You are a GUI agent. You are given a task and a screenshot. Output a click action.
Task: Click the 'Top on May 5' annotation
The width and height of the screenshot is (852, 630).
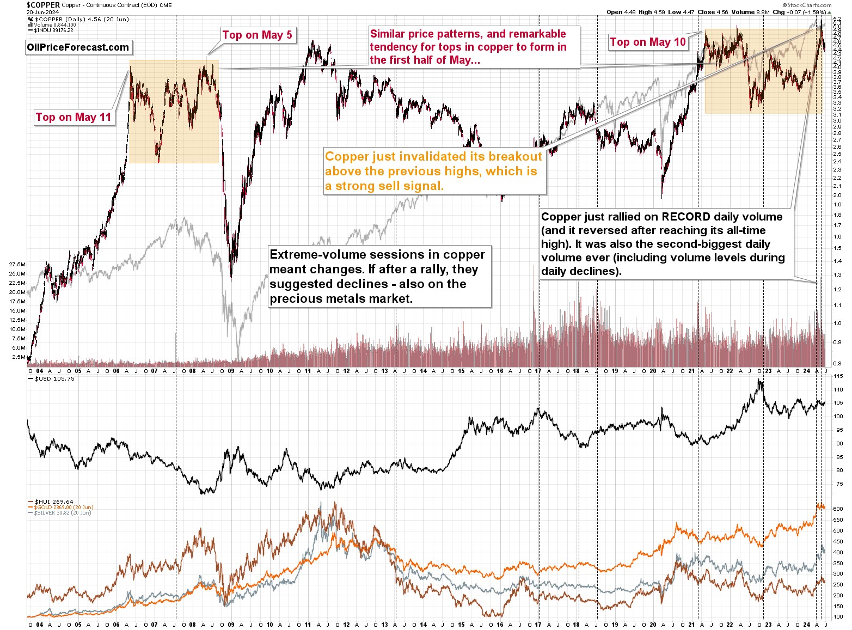pyautogui.click(x=257, y=35)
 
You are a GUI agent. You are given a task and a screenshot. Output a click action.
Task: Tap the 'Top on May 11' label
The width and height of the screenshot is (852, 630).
pyautogui.click(x=73, y=117)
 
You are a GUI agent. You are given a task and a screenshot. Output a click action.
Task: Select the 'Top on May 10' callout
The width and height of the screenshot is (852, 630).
pyautogui.click(x=647, y=42)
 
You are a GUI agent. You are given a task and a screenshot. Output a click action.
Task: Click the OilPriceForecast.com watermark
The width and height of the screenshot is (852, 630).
pyautogui.click(x=78, y=47)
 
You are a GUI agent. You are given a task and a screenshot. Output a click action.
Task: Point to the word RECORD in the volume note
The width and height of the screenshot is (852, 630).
pyautogui.click(x=686, y=217)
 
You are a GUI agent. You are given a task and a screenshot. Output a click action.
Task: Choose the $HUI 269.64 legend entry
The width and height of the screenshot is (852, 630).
pyautogui.click(x=54, y=501)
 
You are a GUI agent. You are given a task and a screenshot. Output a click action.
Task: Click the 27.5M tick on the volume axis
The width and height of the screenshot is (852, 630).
pyautogui.click(x=17, y=264)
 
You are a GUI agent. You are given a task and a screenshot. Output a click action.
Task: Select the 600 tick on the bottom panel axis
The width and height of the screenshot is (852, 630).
pyautogui.click(x=838, y=509)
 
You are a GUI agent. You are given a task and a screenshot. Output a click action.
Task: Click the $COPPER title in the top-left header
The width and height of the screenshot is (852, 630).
pyautogui.click(x=44, y=4)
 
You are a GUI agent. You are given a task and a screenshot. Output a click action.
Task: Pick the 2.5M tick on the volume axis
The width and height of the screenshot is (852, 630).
pyautogui.click(x=18, y=357)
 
